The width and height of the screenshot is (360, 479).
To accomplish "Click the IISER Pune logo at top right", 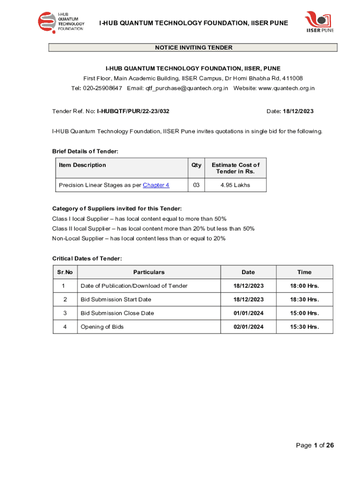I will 319,22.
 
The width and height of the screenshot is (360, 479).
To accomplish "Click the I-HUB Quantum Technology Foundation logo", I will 61,22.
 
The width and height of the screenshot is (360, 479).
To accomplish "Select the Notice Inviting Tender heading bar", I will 193,48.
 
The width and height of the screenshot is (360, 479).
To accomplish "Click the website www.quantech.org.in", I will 286,88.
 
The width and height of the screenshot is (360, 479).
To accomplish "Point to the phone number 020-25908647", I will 103,88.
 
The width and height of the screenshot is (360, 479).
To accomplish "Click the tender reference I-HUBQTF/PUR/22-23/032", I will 133,111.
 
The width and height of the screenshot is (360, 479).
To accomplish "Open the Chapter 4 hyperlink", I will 156,185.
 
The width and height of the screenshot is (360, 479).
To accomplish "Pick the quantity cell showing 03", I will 196,185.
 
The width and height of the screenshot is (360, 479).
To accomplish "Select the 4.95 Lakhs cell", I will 235,185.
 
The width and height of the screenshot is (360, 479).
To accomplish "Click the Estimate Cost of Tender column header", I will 235,168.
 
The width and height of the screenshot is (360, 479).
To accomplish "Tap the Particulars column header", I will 149,272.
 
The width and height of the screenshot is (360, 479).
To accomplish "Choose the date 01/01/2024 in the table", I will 248,313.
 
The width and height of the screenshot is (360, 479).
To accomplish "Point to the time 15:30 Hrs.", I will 304,327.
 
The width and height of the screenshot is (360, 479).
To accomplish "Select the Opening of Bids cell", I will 102,327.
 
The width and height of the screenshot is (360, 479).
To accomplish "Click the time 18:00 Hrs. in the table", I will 304,286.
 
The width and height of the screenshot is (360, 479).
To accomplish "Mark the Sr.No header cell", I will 65,272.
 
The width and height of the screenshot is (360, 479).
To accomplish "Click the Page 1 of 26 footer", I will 315,445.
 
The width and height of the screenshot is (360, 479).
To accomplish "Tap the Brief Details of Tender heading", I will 85,151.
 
